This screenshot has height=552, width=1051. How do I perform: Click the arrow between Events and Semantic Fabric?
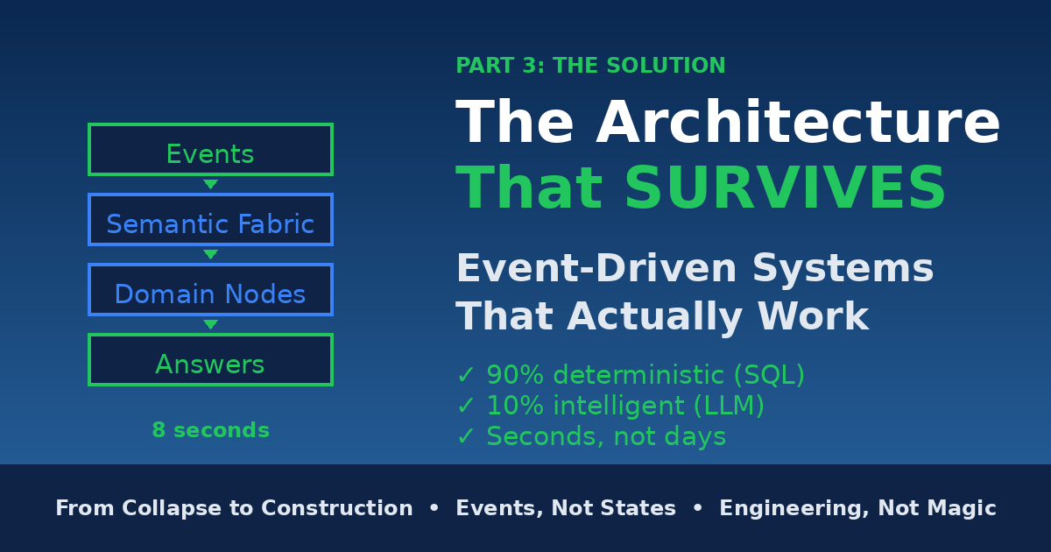pyautogui.click(x=211, y=184)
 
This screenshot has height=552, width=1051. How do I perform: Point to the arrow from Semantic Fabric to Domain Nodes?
pyautogui.click(x=211, y=254)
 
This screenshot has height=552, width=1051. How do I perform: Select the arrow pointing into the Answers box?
pyautogui.click(x=211, y=324)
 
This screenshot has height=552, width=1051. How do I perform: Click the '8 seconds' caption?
pyautogui.click(x=211, y=430)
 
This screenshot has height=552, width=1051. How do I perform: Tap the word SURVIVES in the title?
pyautogui.click(x=785, y=188)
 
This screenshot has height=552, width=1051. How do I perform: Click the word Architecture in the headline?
pyautogui.click(x=798, y=121)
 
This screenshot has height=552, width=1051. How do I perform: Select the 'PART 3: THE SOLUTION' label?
pyautogui.click(x=590, y=65)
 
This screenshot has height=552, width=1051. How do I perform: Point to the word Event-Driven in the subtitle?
pyautogui.click(x=596, y=267)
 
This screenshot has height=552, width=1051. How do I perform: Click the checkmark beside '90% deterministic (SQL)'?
pyautogui.click(x=465, y=375)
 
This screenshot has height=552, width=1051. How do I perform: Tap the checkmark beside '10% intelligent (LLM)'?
pyautogui.click(x=465, y=406)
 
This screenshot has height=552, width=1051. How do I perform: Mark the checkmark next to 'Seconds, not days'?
pyautogui.click(x=465, y=436)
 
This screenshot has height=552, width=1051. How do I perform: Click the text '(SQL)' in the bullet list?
pyautogui.click(x=770, y=375)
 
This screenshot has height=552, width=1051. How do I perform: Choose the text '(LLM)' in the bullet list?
pyautogui.click(x=729, y=406)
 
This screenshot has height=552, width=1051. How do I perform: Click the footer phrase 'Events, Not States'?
pyautogui.click(x=566, y=508)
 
